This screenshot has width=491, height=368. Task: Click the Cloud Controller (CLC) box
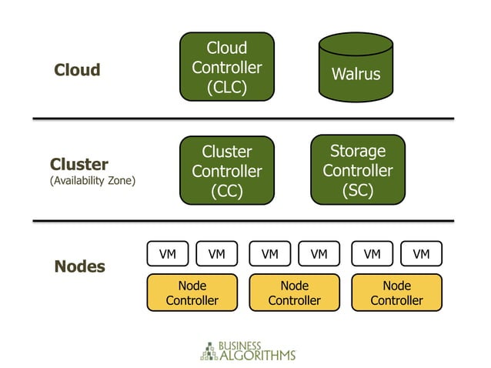pos(227,67)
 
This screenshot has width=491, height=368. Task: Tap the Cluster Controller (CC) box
pos(227,170)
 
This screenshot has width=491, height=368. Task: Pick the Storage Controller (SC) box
pos(357,169)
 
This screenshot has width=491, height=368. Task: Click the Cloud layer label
pos(77,70)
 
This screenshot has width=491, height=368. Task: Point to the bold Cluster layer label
pos(79,165)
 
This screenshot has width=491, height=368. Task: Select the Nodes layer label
pos(80,267)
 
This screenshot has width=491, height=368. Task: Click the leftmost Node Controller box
pos(192,293)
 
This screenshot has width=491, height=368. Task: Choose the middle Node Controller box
pos(294,293)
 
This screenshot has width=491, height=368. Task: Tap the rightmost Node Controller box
pos(396,293)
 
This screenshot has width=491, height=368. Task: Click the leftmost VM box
pos(167,253)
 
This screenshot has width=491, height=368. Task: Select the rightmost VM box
pos(421,253)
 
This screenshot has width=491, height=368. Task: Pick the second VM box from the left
pos(216,253)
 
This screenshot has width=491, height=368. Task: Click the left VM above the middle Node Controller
pos(269,253)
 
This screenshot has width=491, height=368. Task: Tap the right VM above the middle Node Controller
pos(319,253)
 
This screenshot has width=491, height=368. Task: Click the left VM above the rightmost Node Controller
pos(372,253)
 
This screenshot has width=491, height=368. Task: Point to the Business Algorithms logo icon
pos(208,350)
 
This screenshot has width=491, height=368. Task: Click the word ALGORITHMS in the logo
pos(258,356)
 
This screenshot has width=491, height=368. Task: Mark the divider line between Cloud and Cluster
pos(243,119)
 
